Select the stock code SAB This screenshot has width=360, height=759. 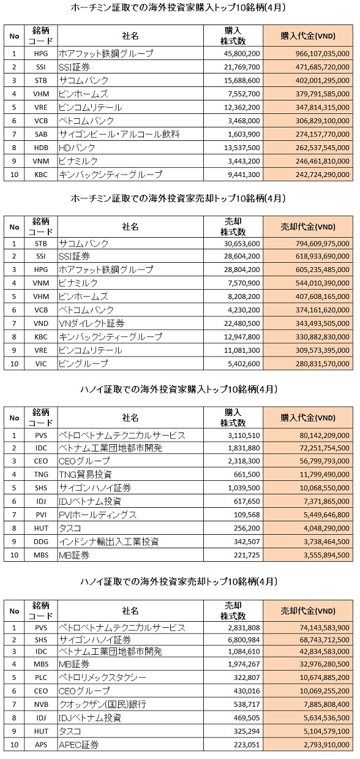tap(41, 134)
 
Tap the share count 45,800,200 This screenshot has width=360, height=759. tap(242, 53)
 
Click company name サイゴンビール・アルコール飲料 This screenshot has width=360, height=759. tap(119, 134)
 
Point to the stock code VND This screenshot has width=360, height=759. tap(41, 323)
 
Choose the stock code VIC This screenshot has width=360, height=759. tap(41, 364)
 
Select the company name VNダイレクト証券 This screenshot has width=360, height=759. tap(91, 323)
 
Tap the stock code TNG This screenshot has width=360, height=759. tap(41, 474)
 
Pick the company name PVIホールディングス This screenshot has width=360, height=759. tap(97, 515)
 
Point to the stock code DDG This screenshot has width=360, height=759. tap(41, 542)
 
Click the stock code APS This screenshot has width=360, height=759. tap(41, 745)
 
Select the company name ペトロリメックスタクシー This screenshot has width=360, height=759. tap(102, 678)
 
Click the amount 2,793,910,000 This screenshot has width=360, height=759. tap(326, 745)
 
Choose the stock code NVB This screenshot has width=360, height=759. tap(41, 704)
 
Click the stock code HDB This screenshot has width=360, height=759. tap(41, 148)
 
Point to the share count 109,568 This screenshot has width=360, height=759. tap(247, 515)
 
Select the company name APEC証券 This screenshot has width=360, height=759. tap(79, 745)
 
